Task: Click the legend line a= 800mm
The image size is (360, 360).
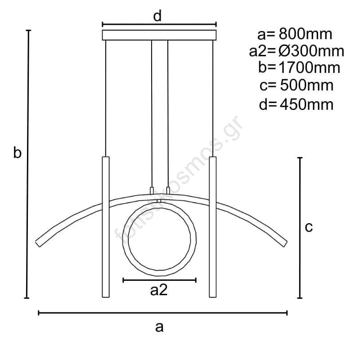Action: coord(295,34)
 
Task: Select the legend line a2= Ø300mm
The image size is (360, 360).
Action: coord(297,51)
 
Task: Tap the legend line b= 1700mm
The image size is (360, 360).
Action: coord(299,68)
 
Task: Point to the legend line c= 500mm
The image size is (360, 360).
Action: coord(297,85)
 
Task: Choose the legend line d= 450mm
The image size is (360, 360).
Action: coord(296,104)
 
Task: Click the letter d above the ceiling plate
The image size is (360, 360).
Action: coord(157,16)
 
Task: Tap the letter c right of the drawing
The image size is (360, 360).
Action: coord(309,227)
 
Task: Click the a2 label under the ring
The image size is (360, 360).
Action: coord(159,290)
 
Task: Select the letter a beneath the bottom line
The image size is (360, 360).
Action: coord(159,327)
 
